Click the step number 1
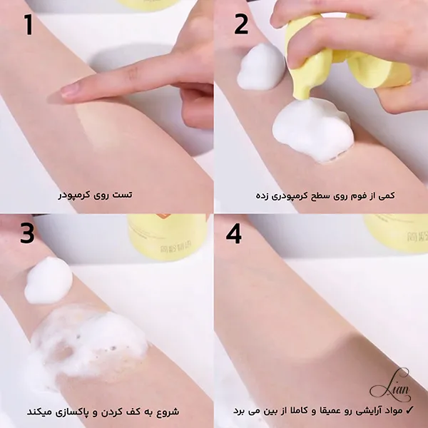(28, 24)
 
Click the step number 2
(241, 24)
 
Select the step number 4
(234, 233)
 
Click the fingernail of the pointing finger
(69, 90)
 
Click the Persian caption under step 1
(95, 195)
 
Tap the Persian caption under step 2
(325, 195)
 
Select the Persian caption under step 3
(103, 412)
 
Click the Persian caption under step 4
(320, 411)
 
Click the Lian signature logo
(391, 385)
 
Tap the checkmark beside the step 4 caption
(410, 409)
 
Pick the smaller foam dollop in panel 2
(260, 67)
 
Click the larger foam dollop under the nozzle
(313, 130)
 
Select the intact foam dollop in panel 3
(49, 280)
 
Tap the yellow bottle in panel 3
(167, 237)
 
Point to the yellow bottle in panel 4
(397, 233)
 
